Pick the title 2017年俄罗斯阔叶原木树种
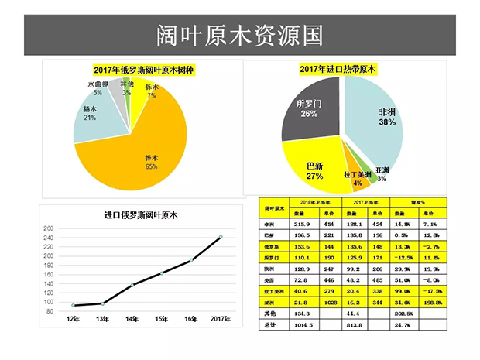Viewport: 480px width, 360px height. pos(144,70)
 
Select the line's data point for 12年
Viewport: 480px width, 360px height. pos(74,305)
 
